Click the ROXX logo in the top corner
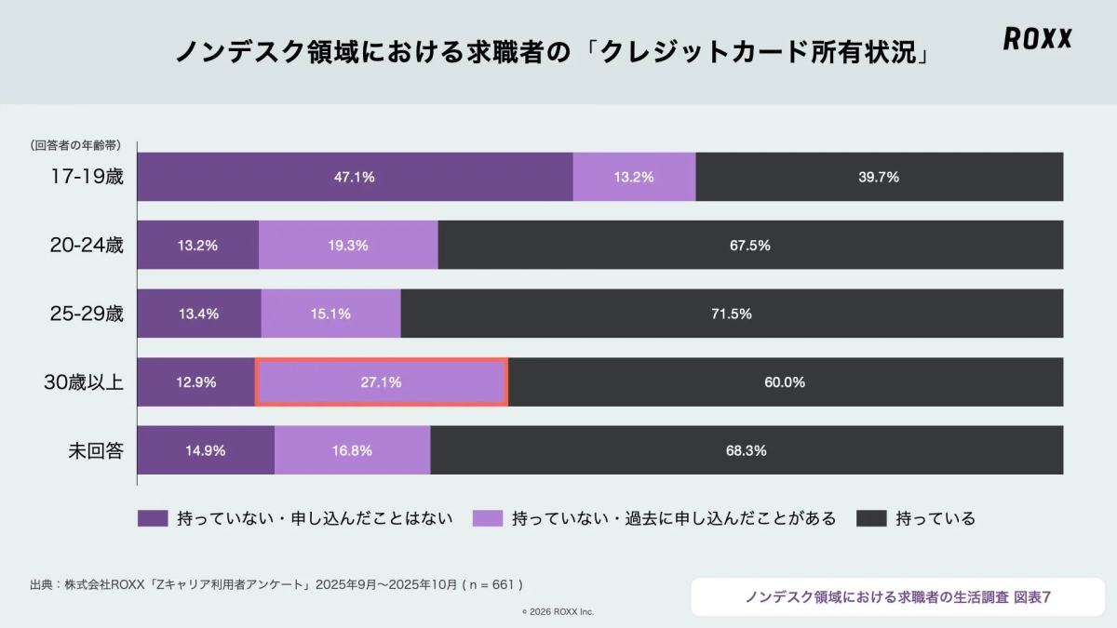coord(1038,38)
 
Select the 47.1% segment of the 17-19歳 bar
coord(355,177)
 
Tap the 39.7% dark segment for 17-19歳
coord(879,177)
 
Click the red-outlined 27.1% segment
coord(382,382)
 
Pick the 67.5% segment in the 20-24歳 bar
coord(750,246)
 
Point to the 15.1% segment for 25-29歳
coord(330,314)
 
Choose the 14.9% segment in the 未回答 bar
coord(206,451)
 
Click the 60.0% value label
coord(786,382)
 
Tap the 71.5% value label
coord(732,314)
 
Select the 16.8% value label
coord(352,451)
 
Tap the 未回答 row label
coord(96,451)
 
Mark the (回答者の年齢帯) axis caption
coord(74,145)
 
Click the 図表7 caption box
coord(897,597)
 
